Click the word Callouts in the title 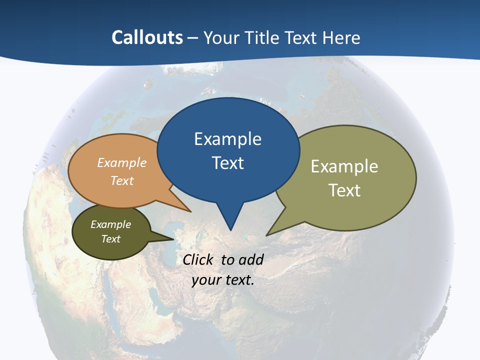coord(147,37)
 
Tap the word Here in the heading coord(341,37)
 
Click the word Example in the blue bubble coord(227,139)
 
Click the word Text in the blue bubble coord(227,163)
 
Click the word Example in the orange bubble coord(122,162)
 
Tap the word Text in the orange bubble coord(122,180)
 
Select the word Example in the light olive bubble coord(344,166)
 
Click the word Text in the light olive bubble coord(344,190)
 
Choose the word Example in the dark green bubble coord(111,224)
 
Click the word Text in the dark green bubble coord(111,239)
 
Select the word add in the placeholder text coord(251,259)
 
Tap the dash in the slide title coord(193,38)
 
